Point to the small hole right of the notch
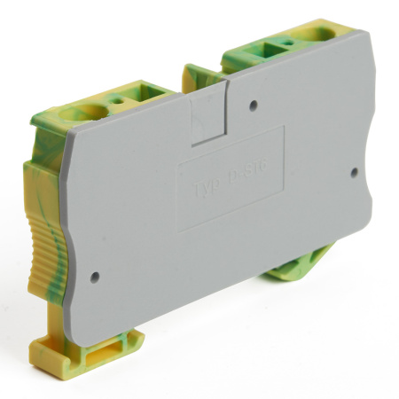[x=254, y=105]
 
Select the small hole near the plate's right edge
[x=354, y=171]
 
